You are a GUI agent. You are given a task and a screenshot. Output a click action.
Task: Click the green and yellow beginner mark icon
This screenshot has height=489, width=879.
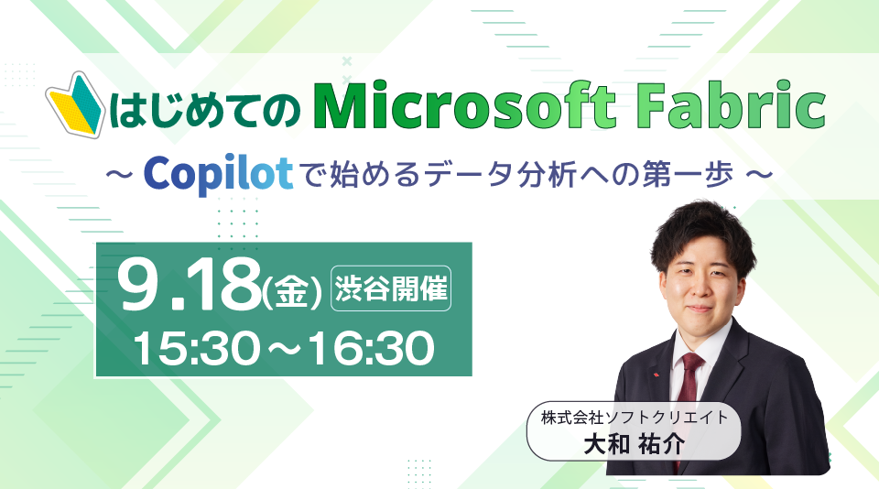(74, 104)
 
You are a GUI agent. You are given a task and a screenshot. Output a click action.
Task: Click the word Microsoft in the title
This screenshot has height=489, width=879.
(464, 105)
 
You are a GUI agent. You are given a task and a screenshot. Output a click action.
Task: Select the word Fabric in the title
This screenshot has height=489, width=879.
(731, 105)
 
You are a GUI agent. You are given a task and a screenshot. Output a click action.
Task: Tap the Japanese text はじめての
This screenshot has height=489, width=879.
(205, 109)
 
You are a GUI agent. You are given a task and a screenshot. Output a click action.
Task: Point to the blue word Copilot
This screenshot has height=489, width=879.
(218, 173)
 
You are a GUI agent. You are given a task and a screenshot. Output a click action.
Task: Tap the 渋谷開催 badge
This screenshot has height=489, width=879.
(391, 288)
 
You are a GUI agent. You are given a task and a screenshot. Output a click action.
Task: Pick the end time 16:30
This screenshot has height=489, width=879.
(371, 348)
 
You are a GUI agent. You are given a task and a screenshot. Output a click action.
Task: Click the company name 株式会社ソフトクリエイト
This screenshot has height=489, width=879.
(634, 418)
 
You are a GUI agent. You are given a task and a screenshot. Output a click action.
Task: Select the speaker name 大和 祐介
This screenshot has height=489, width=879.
(634, 445)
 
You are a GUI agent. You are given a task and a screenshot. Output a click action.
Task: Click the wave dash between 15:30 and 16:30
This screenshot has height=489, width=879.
(284, 349)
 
